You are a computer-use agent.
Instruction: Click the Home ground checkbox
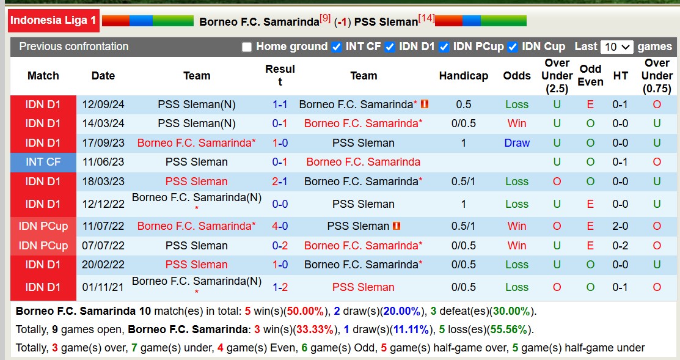[x=247, y=47]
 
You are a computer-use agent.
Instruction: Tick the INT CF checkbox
[x=336, y=47]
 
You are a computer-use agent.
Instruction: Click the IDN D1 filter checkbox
[x=390, y=47]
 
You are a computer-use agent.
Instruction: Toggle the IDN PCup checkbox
[x=444, y=47]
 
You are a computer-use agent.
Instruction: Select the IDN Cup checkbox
[x=513, y=47]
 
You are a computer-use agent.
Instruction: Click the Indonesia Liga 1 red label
[x=53, y=20]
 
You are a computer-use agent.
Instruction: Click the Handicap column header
[x=463, y=76]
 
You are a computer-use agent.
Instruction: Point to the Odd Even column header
[x=590, y=76]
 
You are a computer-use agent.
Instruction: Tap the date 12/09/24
[x=103, y=105]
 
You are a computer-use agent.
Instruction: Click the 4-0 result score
[x=280, y=226]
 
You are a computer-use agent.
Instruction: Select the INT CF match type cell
[x=43, y=162]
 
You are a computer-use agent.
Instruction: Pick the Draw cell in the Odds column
[x=517, y=143]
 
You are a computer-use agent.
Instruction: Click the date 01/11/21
[x=103, y=287]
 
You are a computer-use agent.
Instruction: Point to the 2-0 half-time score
[x=620, y=226]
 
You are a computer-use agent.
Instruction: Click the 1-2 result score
[x=280, y=287]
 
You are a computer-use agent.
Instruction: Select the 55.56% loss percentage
[x=508, y=329]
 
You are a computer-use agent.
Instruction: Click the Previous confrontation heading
[x=74, y=46]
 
